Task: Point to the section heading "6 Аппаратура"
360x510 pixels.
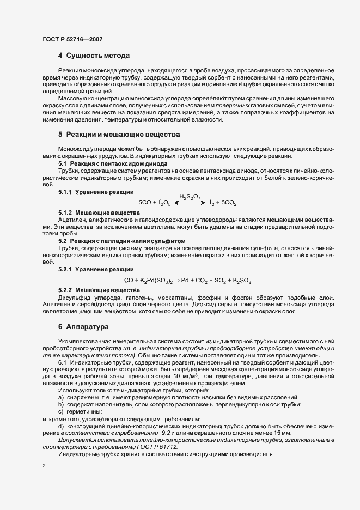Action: click(87, 327)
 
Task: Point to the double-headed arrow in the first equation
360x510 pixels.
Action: click(190, 202)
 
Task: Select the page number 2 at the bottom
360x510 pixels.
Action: click(44, 466)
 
